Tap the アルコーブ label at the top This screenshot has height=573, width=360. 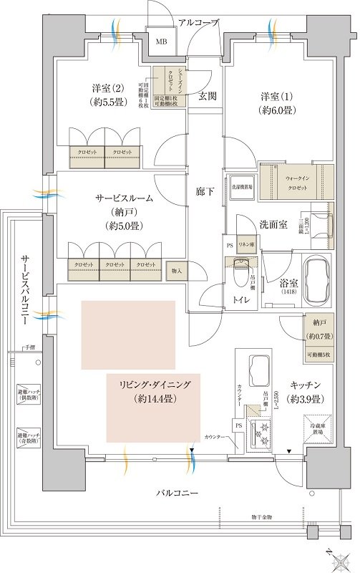pos(199,23)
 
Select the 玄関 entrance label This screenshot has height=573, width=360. pos(208,96)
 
